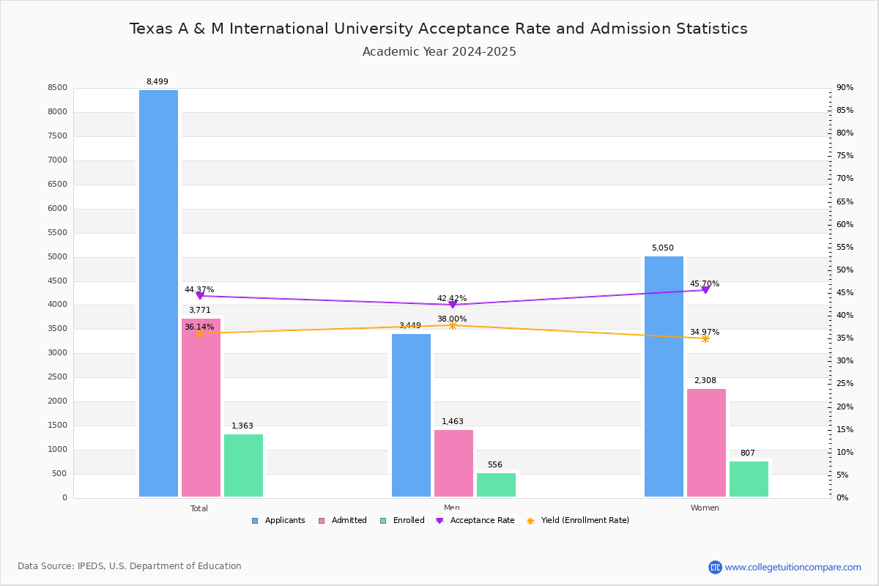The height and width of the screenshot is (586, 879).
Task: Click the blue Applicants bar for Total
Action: point(158,293)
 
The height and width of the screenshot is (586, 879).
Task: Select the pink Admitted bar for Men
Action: point(453,463)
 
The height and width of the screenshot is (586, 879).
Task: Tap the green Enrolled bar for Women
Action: point(749,479)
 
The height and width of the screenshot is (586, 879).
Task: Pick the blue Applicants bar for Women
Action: point(664,377)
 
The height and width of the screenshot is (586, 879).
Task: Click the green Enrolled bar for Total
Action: point(243,465)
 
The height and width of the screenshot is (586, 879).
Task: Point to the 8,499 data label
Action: point(157,82)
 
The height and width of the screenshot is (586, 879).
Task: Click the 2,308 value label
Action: point(705,381)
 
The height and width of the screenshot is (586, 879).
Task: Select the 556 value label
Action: point(495,465)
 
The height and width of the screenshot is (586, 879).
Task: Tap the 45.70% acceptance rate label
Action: point(704,284)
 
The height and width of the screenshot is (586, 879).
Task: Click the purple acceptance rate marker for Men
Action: point(453,305)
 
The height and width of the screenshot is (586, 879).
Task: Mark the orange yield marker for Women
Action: point(705,338)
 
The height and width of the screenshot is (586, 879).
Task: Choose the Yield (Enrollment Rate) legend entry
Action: point(584,521)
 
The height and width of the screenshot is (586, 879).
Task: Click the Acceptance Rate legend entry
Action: point(481,521)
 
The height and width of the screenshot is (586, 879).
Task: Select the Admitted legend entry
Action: point(348,521)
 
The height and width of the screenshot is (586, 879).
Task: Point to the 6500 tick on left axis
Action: point(57,185)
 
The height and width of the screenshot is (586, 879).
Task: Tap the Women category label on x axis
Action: point(705,508)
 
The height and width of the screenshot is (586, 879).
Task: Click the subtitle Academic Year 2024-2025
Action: point(439,52)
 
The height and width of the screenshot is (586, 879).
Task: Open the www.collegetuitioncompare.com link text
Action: point(793,567)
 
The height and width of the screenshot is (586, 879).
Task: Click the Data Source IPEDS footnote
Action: point(130,566)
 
